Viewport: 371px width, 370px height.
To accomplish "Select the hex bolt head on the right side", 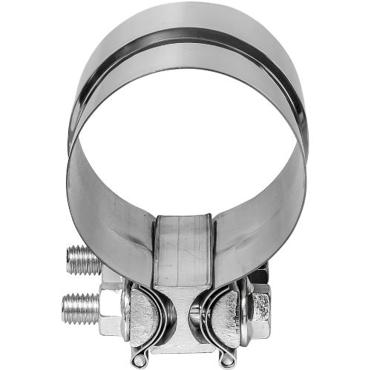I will (x=260, y=305).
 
